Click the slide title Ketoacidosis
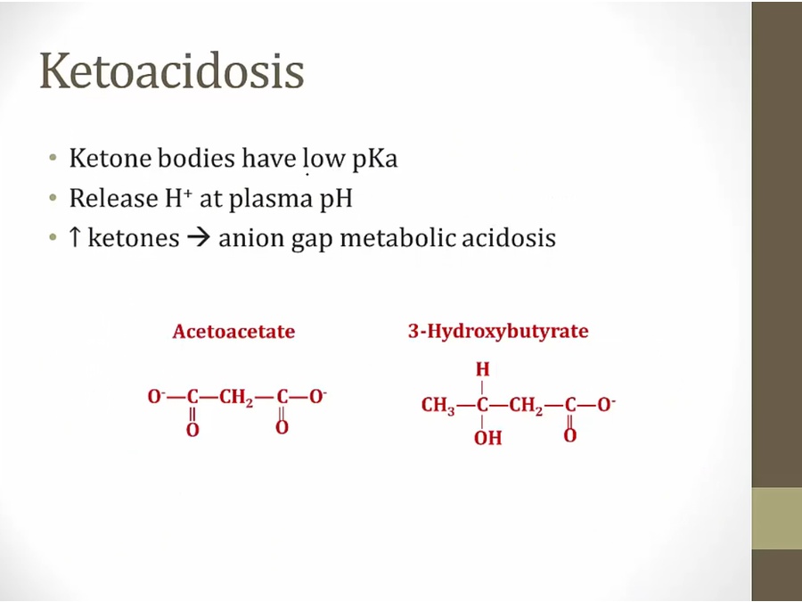(x=172, y=71)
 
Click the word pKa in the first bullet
(x=373, y=159)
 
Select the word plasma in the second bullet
(x=270, y=199)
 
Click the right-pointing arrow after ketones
(x=200, y=239)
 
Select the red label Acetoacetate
(x=233, y=332)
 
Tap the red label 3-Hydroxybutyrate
(x=498, y=332)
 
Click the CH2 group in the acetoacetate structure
(x=236, y=398)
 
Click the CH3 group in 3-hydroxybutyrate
(x=438, y=406)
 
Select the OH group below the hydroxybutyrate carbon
(x=488, y=438)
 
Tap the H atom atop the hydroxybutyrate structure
(x=482, y=369)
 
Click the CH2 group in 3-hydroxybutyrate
(x=527, y=406)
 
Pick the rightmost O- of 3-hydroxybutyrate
(x=606, y=405)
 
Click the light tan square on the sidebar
(x=777, y=518)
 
